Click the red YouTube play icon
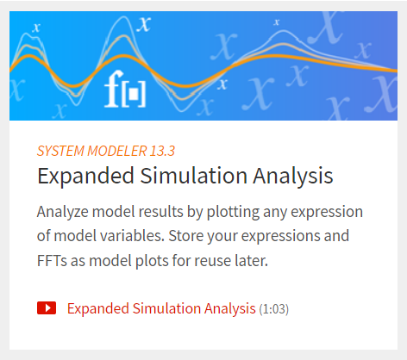pos(47,308)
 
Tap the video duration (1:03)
pos(274,309)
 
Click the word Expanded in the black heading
pos(85,176)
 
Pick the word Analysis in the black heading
pos(293,176)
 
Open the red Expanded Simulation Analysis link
pos(161,308)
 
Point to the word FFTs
pos(52,261)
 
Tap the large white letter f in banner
pos(112,89)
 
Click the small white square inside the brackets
pos(134,94)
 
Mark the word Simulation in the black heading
pos(193,176)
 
